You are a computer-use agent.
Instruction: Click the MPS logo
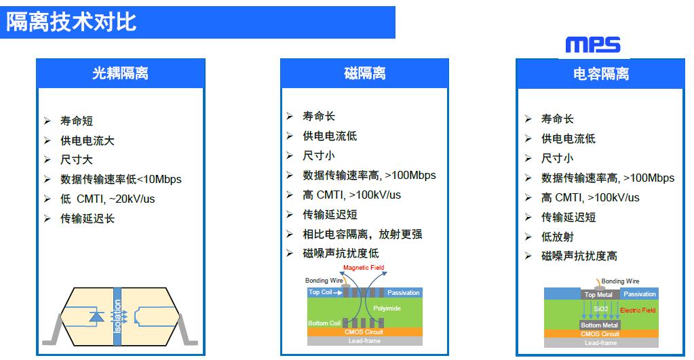[x=593, y=45]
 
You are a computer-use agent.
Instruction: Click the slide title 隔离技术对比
[x=71, y=22]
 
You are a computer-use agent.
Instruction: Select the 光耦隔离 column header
[x=120, y=73]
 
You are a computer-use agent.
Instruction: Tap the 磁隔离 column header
[x=365, y=73]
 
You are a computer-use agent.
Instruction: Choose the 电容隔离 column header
[x=601, y=73]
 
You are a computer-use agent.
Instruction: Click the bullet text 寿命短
[x=77, y=121]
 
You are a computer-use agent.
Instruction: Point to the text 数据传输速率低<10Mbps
[x=121, y=179]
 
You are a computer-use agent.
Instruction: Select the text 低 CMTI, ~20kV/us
[x=108, y=199]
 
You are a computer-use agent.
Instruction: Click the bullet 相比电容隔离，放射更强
[x=362, y=234]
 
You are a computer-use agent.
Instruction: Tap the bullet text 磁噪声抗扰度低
[x=341, y=254]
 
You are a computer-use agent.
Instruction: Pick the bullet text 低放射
[x=558, y=237]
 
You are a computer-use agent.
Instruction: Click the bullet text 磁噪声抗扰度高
[x=579, y=256]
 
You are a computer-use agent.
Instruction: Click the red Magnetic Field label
[x=364, y=268]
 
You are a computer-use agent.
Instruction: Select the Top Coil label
[x=320, y=292]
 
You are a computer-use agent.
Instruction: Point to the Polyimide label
[x=387, y=308]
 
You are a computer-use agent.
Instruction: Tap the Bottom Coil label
[x=324, y=323]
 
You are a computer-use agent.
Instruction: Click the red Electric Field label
[x=638, y=311]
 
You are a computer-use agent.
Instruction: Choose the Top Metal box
[x=598, y=294]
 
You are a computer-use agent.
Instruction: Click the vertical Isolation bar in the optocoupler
[x=117, y=316]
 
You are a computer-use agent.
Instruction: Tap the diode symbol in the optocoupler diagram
[x=96, y=316]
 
